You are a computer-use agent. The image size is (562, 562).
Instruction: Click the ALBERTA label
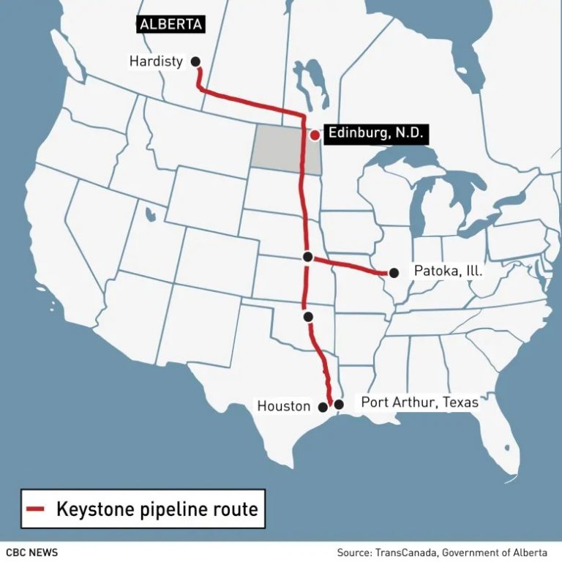171,24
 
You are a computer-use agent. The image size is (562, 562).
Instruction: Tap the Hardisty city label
156,61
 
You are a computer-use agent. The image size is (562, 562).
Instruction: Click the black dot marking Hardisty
195,62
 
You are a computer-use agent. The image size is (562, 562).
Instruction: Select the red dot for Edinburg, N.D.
314,135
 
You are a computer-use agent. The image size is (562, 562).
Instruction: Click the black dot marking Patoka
394,273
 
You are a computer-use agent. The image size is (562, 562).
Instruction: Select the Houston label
283,406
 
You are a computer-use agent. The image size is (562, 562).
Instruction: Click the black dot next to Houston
323,406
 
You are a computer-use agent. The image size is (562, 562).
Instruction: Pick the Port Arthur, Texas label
419,402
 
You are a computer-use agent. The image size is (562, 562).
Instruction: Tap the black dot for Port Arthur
339,404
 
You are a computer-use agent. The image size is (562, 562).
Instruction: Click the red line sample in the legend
36,509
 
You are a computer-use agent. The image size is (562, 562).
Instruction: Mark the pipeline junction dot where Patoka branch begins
308,257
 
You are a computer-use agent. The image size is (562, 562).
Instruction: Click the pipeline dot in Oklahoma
308,317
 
